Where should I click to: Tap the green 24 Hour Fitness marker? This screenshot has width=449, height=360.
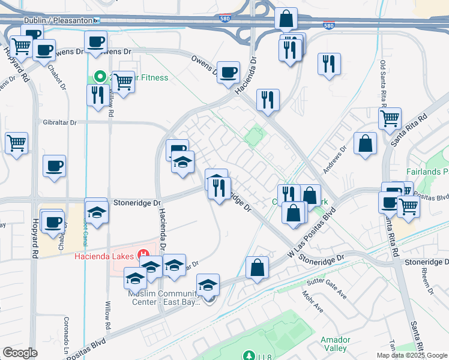point(100,77)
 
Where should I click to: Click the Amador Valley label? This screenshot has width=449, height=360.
point(334,344)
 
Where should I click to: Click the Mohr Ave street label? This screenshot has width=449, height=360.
point(313,302)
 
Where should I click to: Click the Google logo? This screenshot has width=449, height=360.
point(20,352)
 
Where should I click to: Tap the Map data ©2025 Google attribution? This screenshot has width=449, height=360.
point(412,355)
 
